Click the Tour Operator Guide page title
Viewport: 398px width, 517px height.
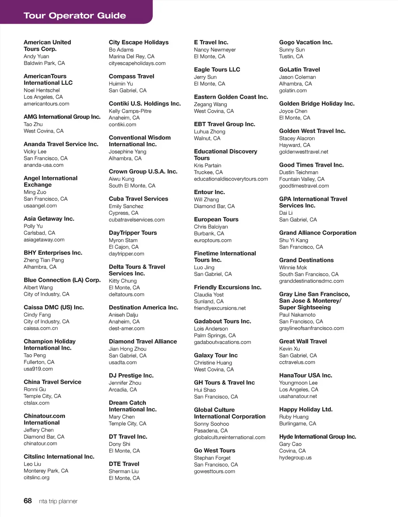pos(75,16)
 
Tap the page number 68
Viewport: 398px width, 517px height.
pos(28,501)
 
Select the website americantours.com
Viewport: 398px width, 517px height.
pos(46,104)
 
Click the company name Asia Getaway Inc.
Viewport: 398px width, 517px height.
pos(49,219)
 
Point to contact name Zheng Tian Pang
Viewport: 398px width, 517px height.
pos(44,260)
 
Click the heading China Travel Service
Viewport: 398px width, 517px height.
pos(52,382)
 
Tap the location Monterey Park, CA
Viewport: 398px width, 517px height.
pos(46,471)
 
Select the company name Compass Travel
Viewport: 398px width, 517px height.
pos(131,76)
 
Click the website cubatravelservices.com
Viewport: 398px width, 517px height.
pos(136,220)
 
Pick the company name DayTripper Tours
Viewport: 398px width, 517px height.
pos(133,233)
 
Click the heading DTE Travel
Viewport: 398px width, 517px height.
pos(124,464)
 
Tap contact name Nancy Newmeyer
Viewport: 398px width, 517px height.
pos(215,50)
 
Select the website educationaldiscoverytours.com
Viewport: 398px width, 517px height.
pos(231,179)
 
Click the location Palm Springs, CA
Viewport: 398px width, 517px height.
pos(215,335)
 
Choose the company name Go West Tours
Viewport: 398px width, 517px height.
pos(215,450)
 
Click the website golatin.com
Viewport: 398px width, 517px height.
pos(293,91)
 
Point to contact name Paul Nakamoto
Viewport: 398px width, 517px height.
pos(297,315)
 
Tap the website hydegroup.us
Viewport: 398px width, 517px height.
pos(295,458)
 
